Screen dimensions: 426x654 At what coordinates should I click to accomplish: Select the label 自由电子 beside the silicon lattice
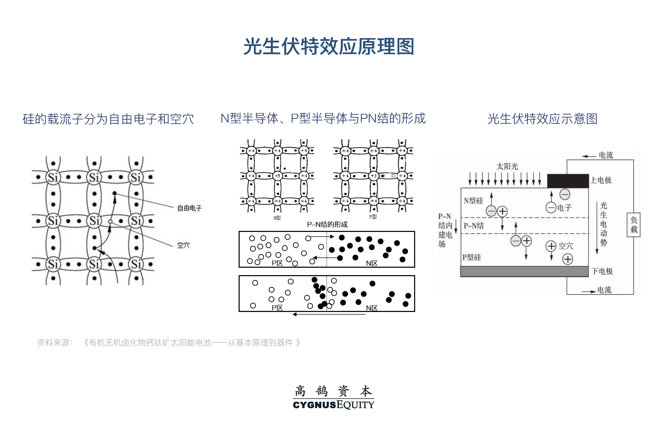click(x=189, y=208)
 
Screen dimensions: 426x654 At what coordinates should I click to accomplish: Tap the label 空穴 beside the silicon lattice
click(x=183, y=245)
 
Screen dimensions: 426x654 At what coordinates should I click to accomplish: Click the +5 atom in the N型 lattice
click(x=277, y=176)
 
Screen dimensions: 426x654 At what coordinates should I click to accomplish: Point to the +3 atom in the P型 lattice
click(x=373, y=176)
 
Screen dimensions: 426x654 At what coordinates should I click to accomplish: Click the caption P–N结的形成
click(x=327, y=225)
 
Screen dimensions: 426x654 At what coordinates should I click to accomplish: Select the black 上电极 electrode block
click(x=568, y=181)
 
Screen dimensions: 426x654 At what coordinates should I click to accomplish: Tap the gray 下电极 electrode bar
click(x=524, y=271)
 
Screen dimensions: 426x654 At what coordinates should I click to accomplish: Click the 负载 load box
click(x=633, y=225)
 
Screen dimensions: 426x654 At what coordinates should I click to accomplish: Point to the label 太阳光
click(x=507, y=166)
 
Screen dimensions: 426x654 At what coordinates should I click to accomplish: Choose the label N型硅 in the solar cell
click(x=473, y=201)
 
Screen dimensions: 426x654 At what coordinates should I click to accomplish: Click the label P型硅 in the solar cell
click(x=472, y=257)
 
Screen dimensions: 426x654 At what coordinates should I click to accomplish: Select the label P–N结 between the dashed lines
click(x=473, y=226)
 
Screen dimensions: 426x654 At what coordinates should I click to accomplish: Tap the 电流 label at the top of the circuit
click(x=606, y=155)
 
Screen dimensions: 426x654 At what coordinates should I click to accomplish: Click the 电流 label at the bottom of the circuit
click(x=604, y=290)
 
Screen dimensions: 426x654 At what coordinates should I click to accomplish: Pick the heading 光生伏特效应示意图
click(x=542, y=119)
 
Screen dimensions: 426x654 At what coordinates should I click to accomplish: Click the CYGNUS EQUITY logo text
click(x=333, y=405)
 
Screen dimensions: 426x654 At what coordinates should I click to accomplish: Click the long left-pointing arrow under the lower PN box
click(x=329, y=314)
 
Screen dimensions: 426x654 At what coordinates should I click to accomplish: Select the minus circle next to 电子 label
click(x=551, y=207)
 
